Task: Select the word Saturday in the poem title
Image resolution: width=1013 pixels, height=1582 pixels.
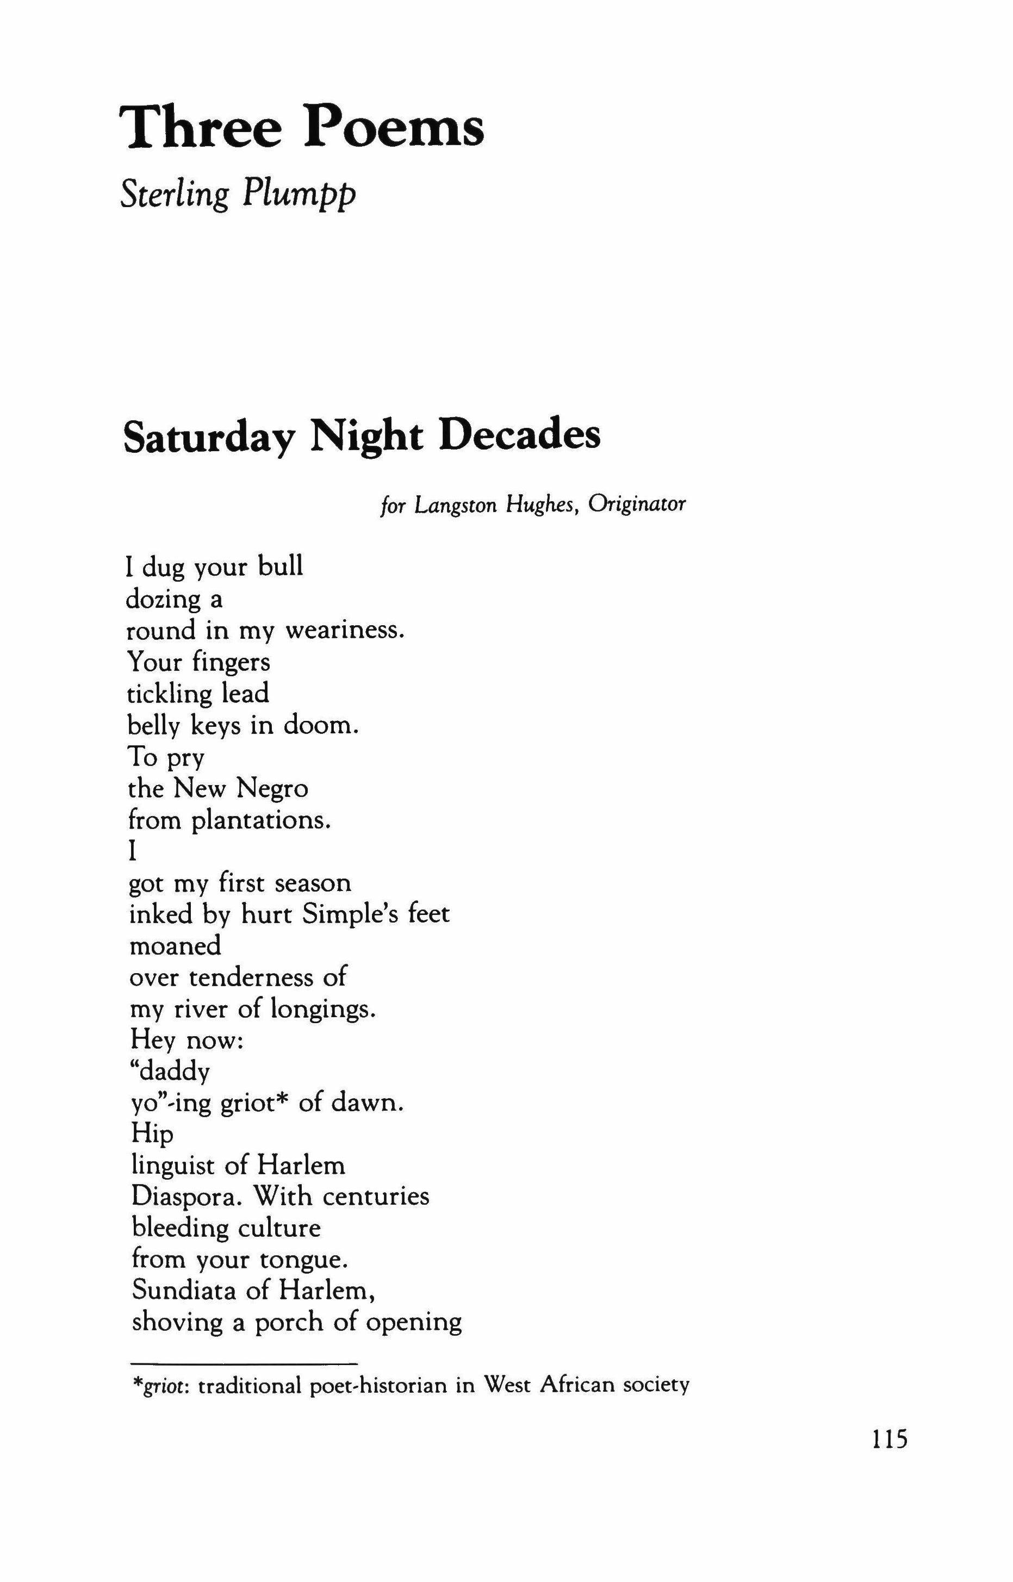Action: point(207,437)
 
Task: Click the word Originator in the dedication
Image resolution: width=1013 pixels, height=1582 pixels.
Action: point(637,505)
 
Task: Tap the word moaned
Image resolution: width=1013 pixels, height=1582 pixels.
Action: point(175,945)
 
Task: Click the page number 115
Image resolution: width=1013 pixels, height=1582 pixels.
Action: point(890,1440)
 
